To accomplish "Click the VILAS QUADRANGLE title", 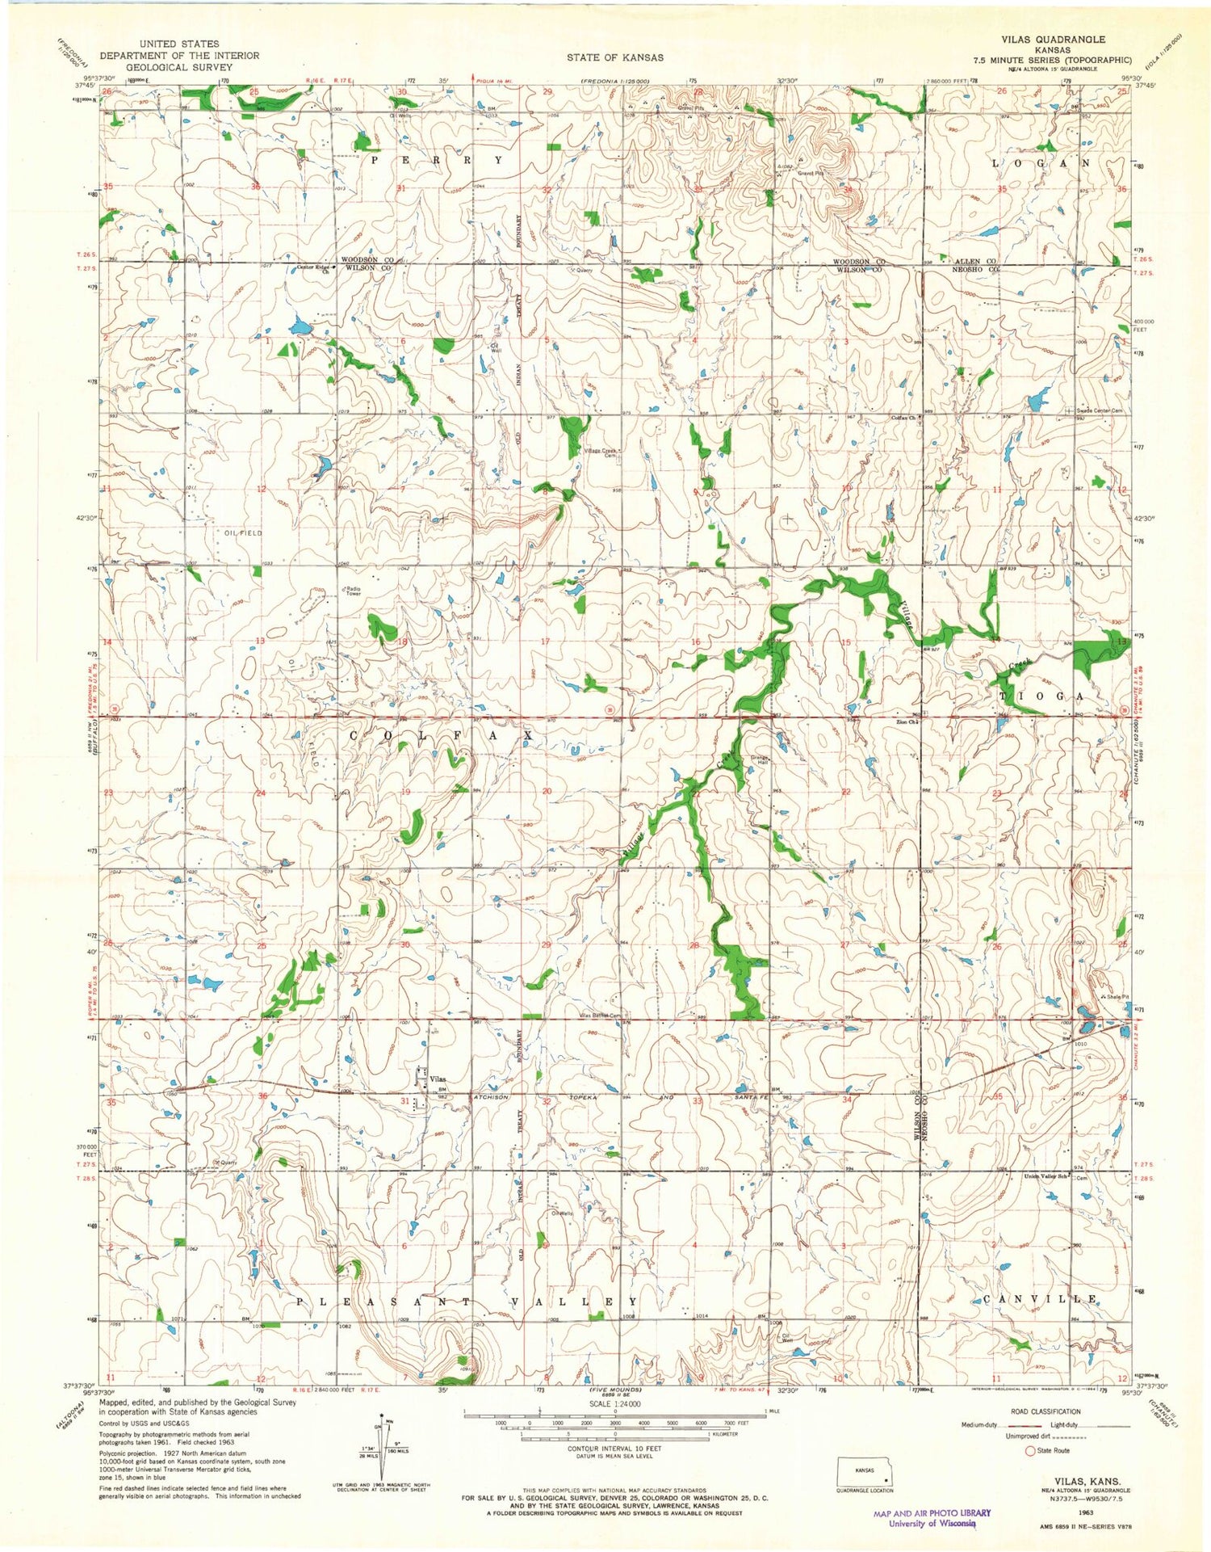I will pyautogui.click(x=1054, y=39).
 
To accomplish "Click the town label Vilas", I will pyautogui.click(x=438, y=1079).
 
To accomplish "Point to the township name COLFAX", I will pyautogui.click(x=441, y=736).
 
